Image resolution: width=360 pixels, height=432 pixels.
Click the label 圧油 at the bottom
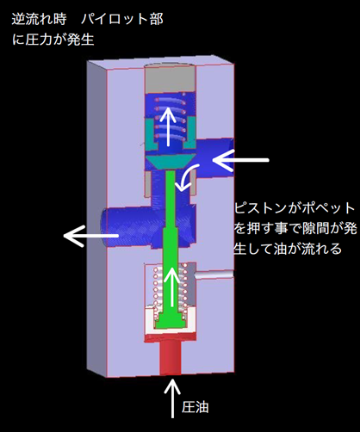pyautogui.click(x=196, y=407)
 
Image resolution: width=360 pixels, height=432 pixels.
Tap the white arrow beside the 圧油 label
pyautogui.click(x=172, y=398)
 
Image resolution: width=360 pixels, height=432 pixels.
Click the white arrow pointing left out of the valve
pyautogui.click(x=90, y=236)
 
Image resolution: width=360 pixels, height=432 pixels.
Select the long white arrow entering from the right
pyautogui.click(x=240, y=160)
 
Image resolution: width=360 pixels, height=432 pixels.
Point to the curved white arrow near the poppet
pyautogui.click(x=187, y=177)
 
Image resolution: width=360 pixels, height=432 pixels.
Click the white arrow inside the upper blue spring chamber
pyautogui.click(x=168, y=127)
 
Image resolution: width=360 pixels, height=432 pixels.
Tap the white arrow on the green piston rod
pyautogui.click(x=172, y=287)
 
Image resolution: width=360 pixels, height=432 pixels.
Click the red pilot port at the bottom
pyautogui.click(x=171, y=355)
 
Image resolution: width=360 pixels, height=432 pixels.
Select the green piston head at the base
pyautogui.click(x=171, y=319)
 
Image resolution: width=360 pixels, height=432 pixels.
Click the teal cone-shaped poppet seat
pyautogui.click(x=171, y=161)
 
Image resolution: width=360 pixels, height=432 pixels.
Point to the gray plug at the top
pyautogui.click(x=171, y=77)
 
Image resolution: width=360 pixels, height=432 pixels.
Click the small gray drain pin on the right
pyautogui.click(x=214, y=274)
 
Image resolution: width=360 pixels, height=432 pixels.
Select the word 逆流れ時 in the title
pyautogui.click(x=39, y=20)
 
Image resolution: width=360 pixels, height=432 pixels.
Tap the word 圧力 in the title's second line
pyautogui.click(x=39, y=40)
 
